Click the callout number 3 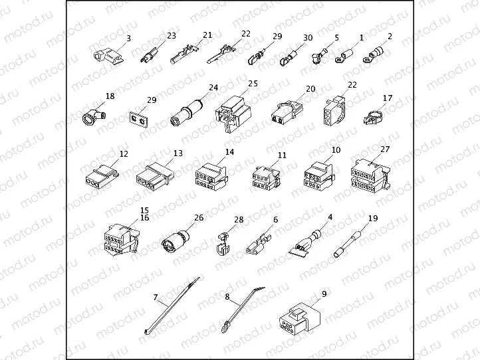point(129,39)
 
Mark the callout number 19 point(373,218)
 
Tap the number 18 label point(110,96)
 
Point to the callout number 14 point(230,151)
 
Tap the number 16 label point(144,217)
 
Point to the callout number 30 point(307,38)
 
